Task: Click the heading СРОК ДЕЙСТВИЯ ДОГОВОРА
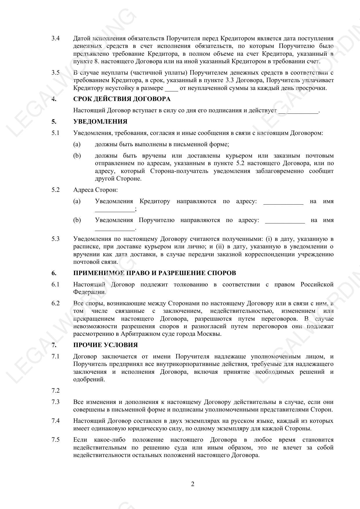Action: (x=122, y=99)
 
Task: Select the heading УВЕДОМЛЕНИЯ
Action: (x=100, y=122)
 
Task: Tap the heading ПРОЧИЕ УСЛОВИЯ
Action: (x=105, y=345)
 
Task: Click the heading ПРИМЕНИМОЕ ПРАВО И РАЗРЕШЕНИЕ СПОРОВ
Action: (x=155, y=273)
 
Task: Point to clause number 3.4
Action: (x=55, y=38)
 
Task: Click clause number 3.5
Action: (x=55, y=73)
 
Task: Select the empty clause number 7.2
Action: (x=55, y=391)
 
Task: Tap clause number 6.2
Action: (x=55, y=303)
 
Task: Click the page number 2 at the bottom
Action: (x=193, y=484)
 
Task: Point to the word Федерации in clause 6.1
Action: (x=89, y=292)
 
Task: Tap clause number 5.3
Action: (x=55, y=239)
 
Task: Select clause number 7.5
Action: (x=55, y=440)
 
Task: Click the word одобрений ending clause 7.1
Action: (x=89, y=379)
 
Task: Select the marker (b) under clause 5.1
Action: (x=77, y=156)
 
